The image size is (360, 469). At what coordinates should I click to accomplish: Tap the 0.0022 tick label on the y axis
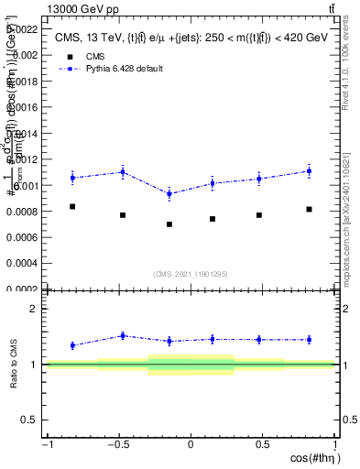tap(24, 29)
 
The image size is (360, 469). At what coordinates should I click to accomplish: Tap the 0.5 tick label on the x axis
tap(263, 443)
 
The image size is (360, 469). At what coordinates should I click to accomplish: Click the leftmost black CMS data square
tap(72, 207)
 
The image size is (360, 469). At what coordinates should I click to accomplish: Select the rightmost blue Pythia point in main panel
tap(310, 171)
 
